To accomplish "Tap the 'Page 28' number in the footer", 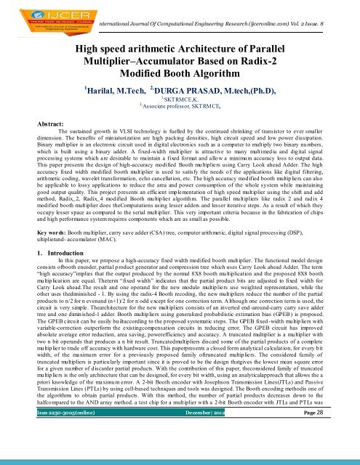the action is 330,452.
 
